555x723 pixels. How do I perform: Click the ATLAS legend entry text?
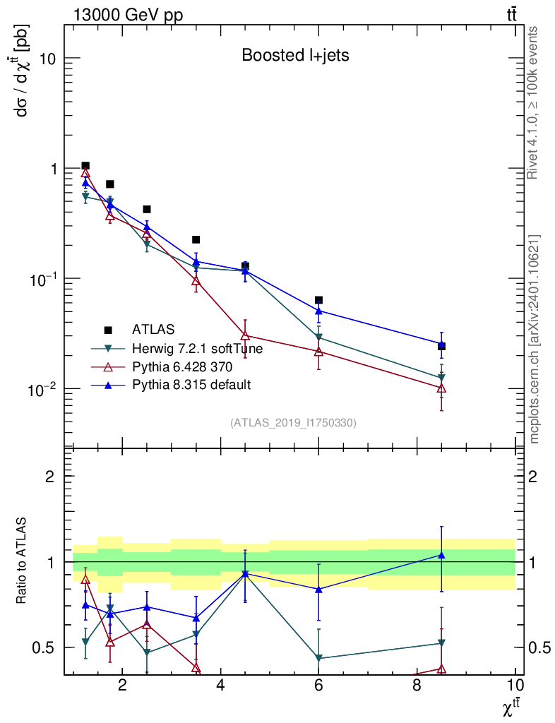click(x=153, y=329)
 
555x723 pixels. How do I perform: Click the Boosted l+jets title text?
click(x=295, y=55)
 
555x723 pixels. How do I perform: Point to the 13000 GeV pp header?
click(x=128, y=16)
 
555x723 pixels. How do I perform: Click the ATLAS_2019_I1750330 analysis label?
click(x=293, y=423)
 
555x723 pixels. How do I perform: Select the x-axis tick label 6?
click(x=318, y=686)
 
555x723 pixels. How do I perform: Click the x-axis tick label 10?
click(x=515, y=686)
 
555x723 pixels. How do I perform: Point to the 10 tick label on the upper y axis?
click(x=48, y=59)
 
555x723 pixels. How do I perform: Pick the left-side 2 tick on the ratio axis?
click(x=52, y=477)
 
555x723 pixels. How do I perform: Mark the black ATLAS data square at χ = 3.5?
click(x=196, y=240)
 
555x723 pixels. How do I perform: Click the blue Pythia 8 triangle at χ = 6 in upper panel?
click(x=318, y=311)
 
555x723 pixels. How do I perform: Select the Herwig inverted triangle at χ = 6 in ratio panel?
click(x=318, y=658)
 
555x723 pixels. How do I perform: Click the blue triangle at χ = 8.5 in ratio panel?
click(x=441, y=555)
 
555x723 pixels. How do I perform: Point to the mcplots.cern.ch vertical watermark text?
click(x=535, y=339)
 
